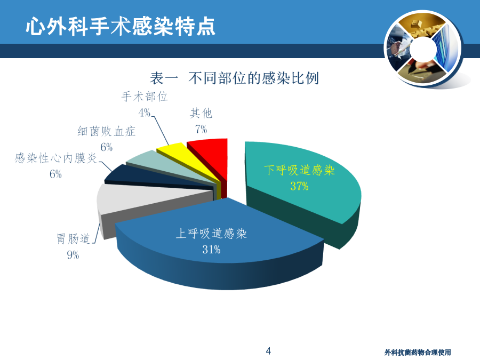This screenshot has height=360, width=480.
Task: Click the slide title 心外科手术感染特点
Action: (x=121, y=26)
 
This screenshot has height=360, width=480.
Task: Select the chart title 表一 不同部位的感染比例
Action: (x=234, y=78)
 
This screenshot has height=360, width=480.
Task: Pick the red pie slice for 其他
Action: (x=211, y=159)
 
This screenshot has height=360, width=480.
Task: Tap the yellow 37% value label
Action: (x=299, y=186)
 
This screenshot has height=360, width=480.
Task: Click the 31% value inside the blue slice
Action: (x=211, y=250)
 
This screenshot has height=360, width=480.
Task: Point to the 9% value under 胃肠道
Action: (x=73, y=255)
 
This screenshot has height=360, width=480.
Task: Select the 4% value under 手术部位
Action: (x=145, y=113)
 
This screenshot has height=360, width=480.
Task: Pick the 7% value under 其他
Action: (x=201, y=129)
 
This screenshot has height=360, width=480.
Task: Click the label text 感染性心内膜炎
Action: (x=55, y=158)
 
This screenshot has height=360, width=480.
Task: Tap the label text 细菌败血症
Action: (x=106, y=131)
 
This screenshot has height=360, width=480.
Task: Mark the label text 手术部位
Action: (x=145, y=97)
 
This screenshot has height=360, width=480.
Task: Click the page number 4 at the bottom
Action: (x=268, y=351)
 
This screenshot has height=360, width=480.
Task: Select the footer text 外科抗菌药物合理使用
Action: (x=418, y=353)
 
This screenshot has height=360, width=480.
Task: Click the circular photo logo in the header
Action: (x=423, y=49)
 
